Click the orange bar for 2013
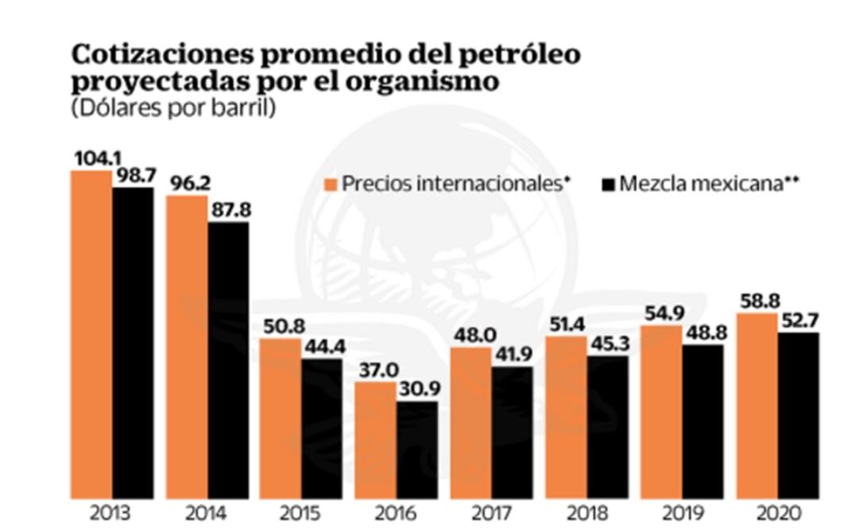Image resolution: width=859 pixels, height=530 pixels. click(x=91, y=334)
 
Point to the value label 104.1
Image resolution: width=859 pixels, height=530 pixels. click(x=91, y=159)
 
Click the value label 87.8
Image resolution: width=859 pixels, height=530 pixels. click(x=228, y=211)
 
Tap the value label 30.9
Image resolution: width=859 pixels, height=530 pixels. click(x=418, y=390)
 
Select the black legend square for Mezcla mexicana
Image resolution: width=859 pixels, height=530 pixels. click(x=609, y=185)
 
